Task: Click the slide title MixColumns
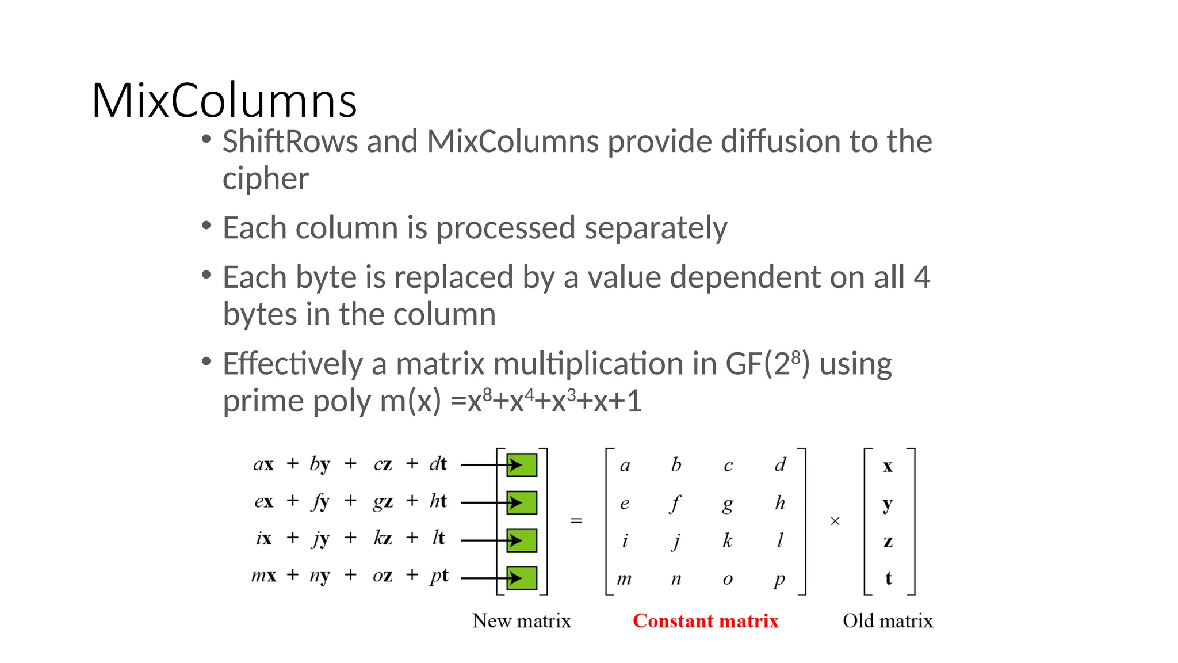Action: (x=224, y=101)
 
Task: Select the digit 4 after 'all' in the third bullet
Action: (x=921, y=277)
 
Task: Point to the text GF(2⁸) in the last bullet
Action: (x=768, y=364)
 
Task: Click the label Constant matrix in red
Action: (x=705, y=620)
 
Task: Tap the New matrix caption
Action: (x=521, y=620)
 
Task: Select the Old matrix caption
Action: (x=888, y=620)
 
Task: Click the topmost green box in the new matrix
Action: (x=522, y=465)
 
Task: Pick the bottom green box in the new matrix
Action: (x=522, y=578)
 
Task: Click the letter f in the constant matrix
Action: (x=675, y=503)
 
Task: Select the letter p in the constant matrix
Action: (x=779, y=579)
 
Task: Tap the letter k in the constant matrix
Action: (x=728, y=540)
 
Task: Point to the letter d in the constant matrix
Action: (x=780, y=464)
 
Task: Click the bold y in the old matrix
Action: (x=888, y=504)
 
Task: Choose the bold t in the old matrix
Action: (x=888, y=578)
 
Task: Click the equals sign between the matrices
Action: (x=576, y=521)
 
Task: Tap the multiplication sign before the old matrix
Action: (x=835, y=521)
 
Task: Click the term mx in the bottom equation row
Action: (x=264, y=576)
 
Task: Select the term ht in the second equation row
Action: (x=438, y=501)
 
